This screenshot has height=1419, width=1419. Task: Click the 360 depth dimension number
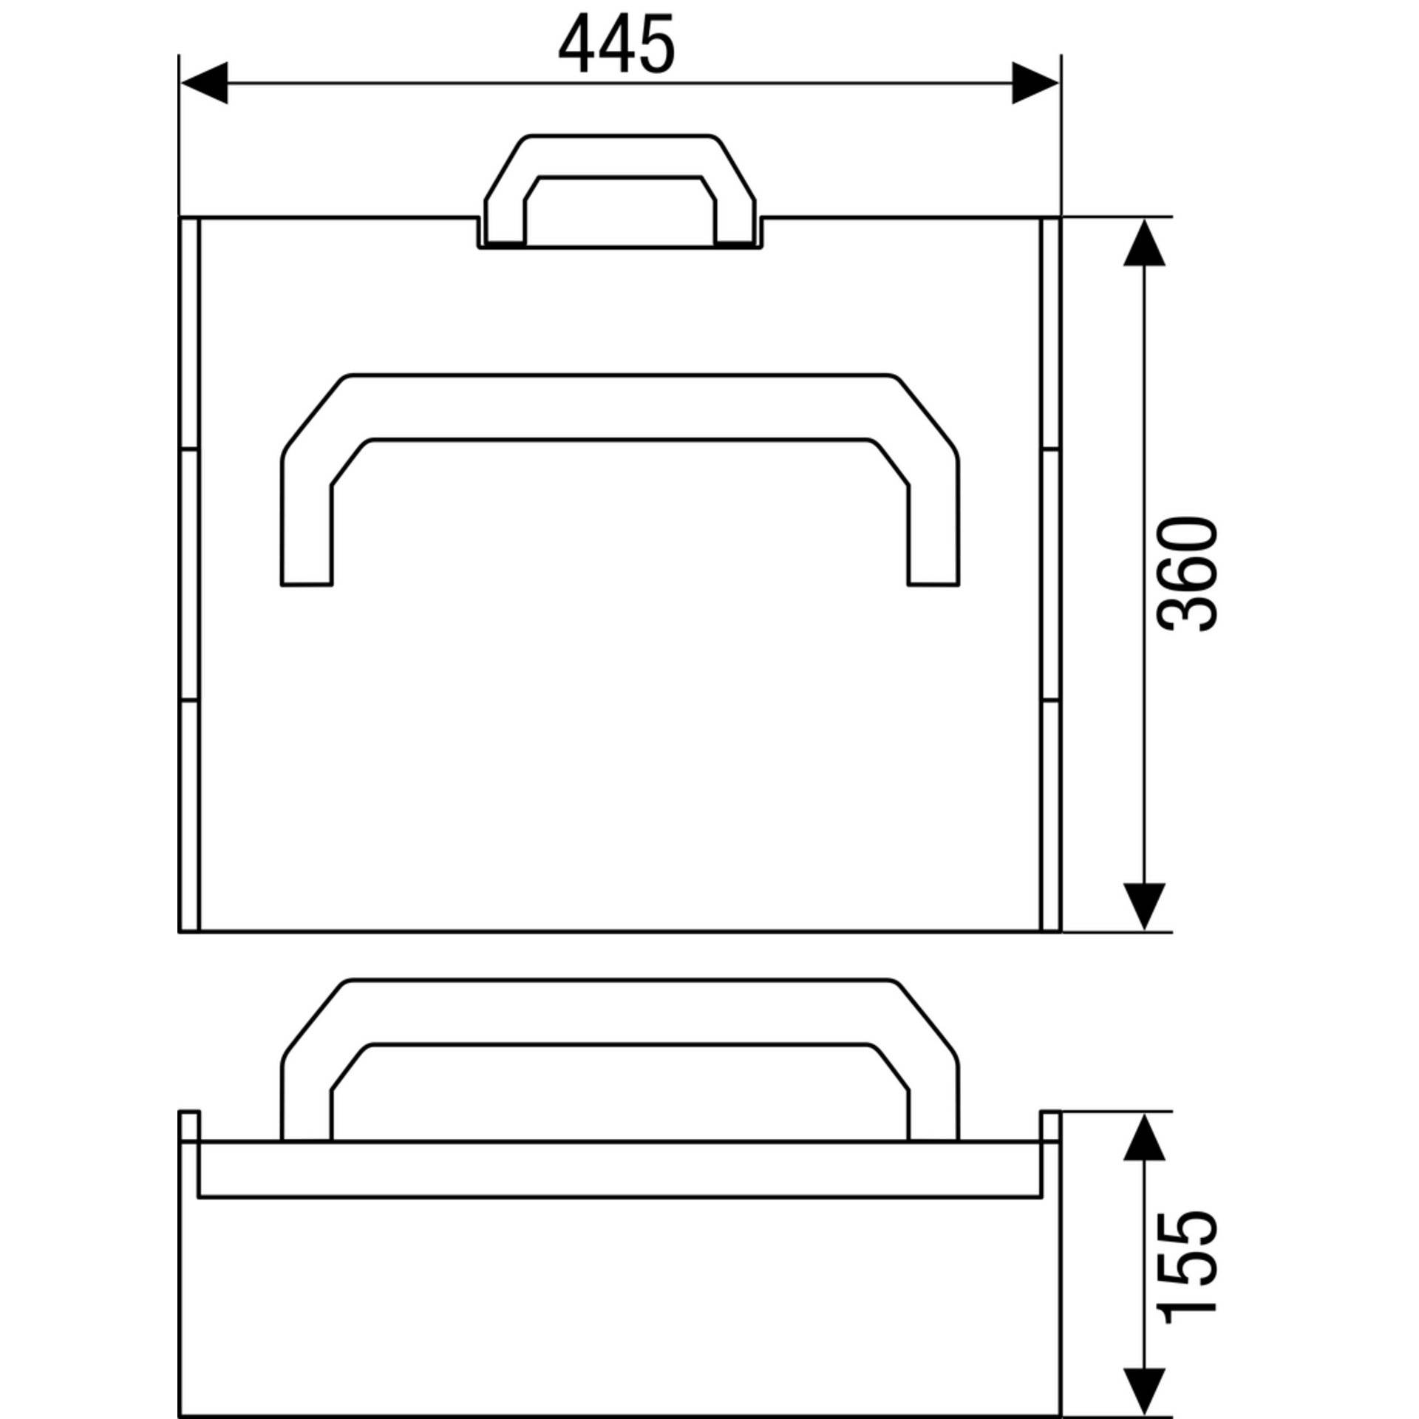1187,574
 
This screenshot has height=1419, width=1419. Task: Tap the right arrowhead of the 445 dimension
1035,83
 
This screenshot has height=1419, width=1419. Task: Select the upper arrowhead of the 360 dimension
1143,243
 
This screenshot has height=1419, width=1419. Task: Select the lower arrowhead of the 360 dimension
1143,905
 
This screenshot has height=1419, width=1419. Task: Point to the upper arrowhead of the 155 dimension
1143,1157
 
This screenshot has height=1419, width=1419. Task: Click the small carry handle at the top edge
619,156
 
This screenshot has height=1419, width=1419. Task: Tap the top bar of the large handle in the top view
619,406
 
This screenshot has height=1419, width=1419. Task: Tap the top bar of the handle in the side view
619,1012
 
